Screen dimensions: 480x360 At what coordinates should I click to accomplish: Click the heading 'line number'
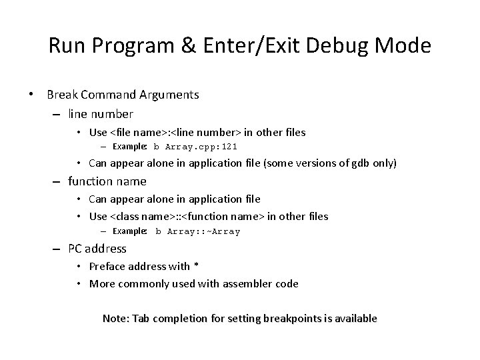pos(101,114)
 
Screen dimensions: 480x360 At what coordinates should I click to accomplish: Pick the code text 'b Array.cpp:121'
pos(195,147)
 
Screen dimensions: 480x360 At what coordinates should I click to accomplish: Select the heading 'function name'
pos(107,181)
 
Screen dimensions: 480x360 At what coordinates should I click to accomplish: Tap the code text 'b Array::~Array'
pos(197,231)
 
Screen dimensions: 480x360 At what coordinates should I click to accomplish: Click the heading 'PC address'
pos(97,249)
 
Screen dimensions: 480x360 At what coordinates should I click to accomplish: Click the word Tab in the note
pos(141,319)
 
